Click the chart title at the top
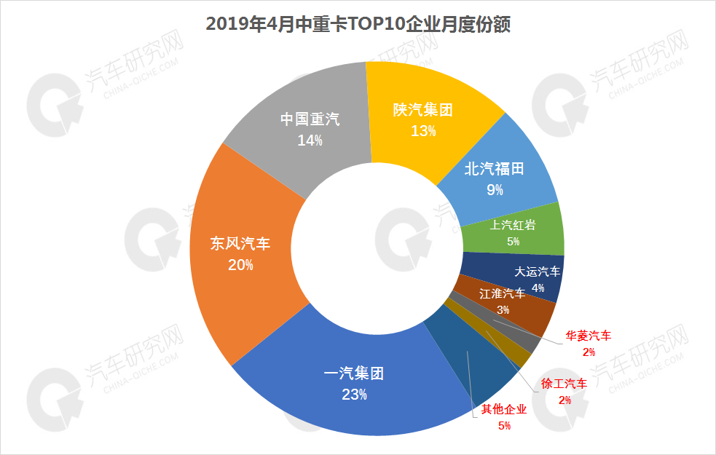pos(358,24)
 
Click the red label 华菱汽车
pos(589,336)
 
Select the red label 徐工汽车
pos(564,383)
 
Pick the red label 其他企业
pos(504,410)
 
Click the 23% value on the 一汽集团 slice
pos(353,395)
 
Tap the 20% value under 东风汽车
pos(240,265)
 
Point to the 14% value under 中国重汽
pos(310,141)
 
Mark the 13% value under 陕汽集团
pos(423,131)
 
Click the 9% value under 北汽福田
pos(495,191)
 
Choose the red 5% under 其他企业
pos(504,426)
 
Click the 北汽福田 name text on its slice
pos(495,170)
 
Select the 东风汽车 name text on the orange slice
pos(240,244)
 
